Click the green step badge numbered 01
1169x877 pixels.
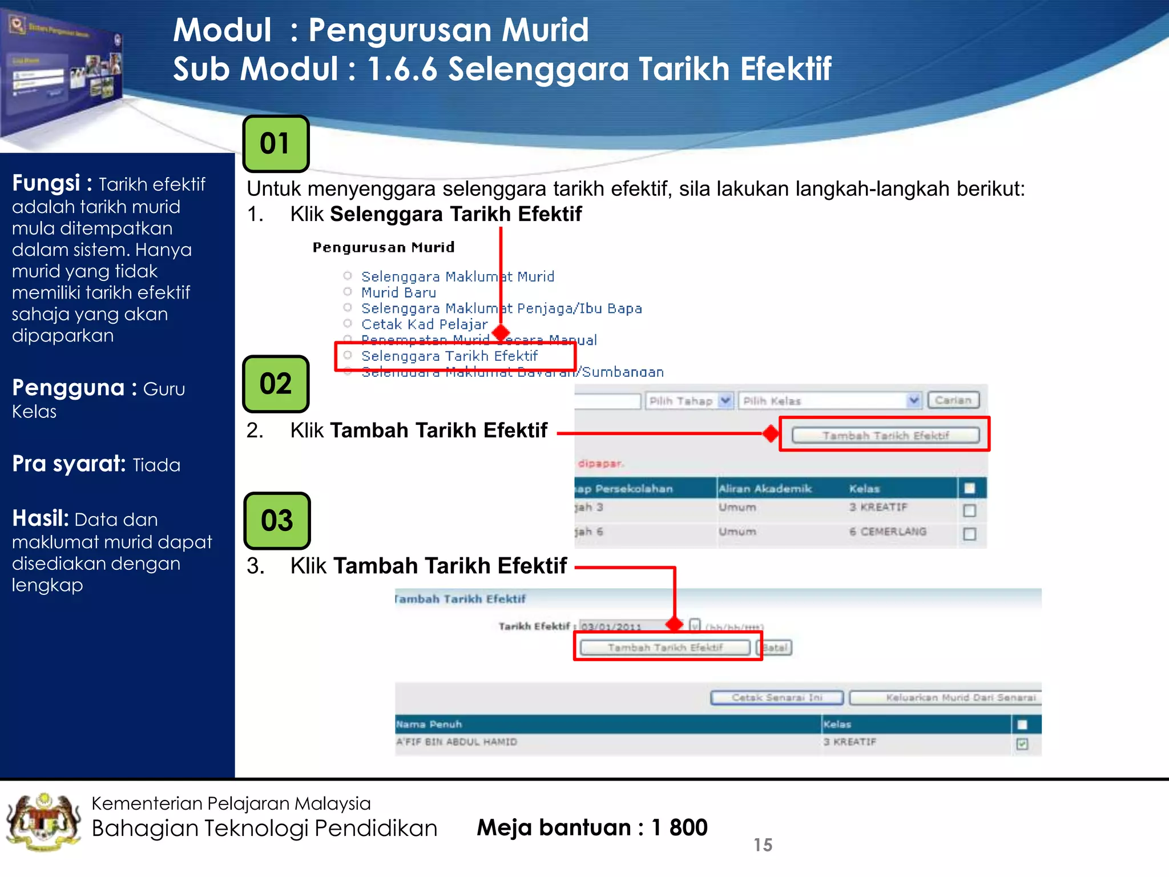click(x=276, y=144)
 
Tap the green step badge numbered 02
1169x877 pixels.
click(x=276, y=384)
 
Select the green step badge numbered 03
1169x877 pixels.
click(x=277, y=521)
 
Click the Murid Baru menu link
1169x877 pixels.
click(x=398, y=293)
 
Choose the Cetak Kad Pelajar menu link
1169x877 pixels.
click(x=424, y=324)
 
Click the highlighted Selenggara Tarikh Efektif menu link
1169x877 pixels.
click(x=449, y=356)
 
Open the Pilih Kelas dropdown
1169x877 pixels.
click(x=830, y=401)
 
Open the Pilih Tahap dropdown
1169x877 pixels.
click(x=689, y=401)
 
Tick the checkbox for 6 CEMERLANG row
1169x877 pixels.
click(x=969, y=534)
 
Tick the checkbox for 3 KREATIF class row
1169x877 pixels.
click(x=969, y=510)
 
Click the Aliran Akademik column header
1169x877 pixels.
click(x=765, y=489)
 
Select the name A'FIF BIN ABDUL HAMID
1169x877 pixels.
click(x=457, y=742)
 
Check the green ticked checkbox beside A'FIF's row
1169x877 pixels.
click(x=1022, y=743)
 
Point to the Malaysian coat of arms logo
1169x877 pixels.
click(x=43, y=822)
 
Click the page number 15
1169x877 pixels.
click(x=763, y=845)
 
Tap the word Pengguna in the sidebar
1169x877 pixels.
click(x=68, y=388)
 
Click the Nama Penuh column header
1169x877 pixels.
click(x=429, y=725)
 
